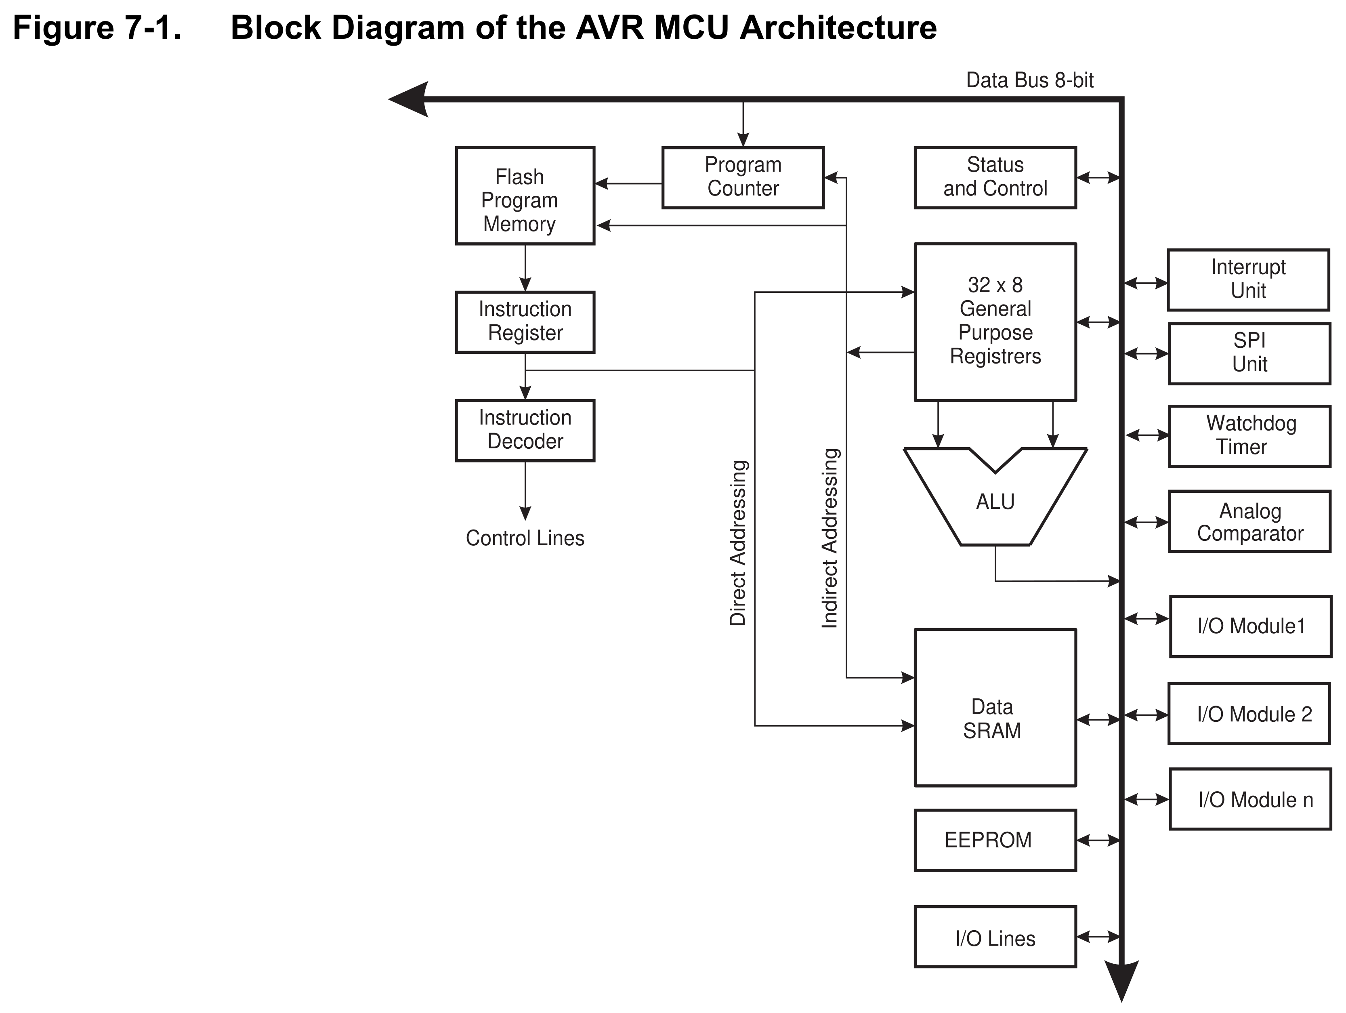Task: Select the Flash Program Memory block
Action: click(x=525, y=196)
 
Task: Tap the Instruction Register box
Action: click(x=525, y=322)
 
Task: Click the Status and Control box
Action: click(x=995, y=177)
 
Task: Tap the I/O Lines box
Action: click(x=995, y=937)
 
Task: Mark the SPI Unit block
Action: click(x=1249, y=353)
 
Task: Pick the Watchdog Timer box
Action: click(x=1249, y=436)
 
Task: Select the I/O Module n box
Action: click(x=1250, y=799)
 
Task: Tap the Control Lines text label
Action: click(x=525, y=538)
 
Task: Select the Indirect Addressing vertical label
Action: click(x=830, y=538)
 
